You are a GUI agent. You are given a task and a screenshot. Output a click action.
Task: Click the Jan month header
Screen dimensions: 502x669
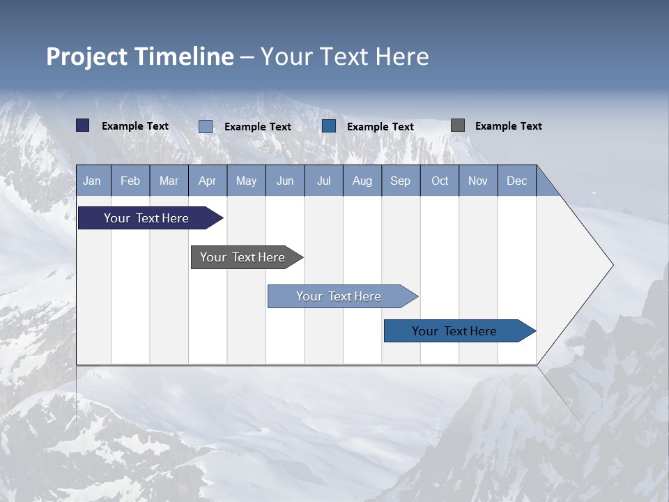(92, 181)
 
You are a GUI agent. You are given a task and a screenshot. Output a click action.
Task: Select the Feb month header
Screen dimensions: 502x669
(130, 181)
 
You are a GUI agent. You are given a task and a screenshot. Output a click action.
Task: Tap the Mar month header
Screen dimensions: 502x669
(169, 181)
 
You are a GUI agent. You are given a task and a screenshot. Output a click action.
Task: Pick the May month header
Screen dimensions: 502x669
(246, 181)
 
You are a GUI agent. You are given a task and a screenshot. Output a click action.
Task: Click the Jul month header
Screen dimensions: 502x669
(323, 181)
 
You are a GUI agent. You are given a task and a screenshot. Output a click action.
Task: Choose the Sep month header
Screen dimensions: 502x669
(400, 181)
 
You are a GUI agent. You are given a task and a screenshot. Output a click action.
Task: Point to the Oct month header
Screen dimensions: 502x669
(440, 181)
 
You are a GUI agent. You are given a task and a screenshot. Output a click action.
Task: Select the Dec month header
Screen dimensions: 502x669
(516, 181)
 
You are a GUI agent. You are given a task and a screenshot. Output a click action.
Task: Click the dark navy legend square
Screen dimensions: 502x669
(83, 125)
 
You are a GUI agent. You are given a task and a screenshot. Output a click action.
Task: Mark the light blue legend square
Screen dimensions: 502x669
(206, 126)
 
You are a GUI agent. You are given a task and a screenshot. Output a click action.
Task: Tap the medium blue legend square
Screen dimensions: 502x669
(329, 126)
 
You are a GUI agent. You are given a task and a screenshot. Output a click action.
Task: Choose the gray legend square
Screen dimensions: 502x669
(458, 125)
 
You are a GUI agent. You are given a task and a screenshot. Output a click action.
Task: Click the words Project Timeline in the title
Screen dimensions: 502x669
(140, 56)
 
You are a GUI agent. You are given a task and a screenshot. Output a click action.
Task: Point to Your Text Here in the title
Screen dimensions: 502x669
(345, 56)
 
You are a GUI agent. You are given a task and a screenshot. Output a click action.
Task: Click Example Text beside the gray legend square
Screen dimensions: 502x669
(508, 126)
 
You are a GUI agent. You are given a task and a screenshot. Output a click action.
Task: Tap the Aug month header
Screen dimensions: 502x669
(362, 181)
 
